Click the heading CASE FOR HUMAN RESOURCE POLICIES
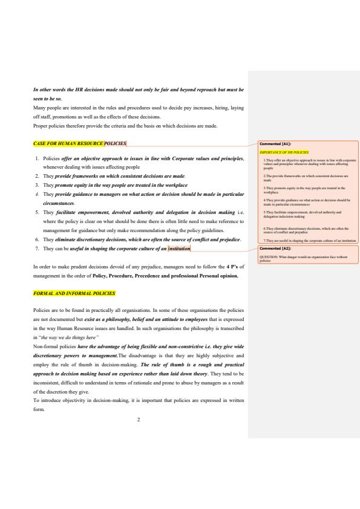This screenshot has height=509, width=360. pyautogui.click(x=80, y=144)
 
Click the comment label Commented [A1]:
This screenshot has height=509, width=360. pyautogui.click(x=275, y=144)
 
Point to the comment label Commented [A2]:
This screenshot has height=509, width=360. pyautogui.click(x=275, y=248)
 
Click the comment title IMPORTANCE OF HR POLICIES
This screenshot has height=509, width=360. pyautogui.click(x=284, y=152)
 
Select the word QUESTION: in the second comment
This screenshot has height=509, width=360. pyautogui.click(x=269, y=257)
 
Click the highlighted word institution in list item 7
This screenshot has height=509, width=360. pyautogui.click(x=179, y=248)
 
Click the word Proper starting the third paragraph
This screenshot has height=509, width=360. pyautogui.click(x=40, y=126)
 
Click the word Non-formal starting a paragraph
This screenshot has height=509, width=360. pyautogui.click(x=47, y=348)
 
